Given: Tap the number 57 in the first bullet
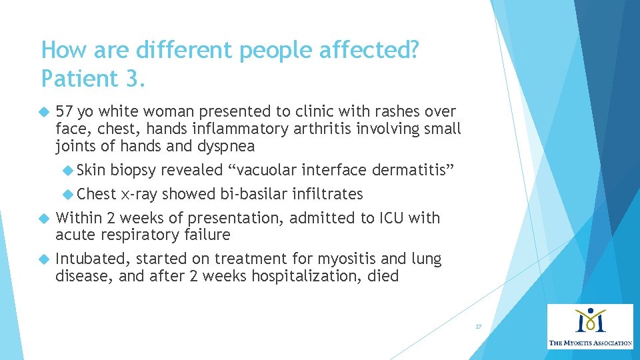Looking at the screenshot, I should click(65, 111).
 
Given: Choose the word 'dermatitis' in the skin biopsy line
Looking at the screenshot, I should click(413, 171).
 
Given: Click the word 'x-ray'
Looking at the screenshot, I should click(139, 194).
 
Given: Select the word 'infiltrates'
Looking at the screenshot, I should click(327, 194).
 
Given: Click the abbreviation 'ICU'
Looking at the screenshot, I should click(393, 218).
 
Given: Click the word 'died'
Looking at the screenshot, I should click(383, 276).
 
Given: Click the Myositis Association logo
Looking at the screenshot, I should click(590, 327).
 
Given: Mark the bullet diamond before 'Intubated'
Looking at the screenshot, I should click(45, 259).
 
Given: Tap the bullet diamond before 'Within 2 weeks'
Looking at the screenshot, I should click(45, 218).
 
